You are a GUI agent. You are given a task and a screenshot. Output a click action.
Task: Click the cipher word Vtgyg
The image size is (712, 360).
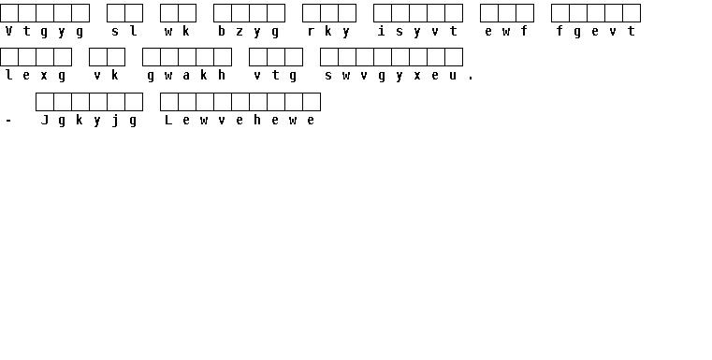click(x=45, y=31)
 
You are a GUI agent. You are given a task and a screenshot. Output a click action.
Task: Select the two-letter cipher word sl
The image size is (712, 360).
click(x=124, y=31)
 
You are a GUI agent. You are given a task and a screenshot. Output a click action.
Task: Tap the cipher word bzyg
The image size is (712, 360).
click(x=248, y=31)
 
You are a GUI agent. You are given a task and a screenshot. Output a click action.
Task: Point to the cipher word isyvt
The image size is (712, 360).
click(x=417, y=31)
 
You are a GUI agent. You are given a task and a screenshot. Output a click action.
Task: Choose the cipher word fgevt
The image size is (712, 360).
click(x=595, y=31)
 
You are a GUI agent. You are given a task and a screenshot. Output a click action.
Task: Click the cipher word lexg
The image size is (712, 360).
click(x=36, y=76)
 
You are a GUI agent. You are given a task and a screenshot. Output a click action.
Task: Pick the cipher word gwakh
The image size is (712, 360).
click(x=186, y=76)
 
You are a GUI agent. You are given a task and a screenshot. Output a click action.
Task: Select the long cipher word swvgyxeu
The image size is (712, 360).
click(x=390, y=76)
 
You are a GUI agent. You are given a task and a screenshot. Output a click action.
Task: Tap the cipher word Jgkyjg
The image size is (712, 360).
click(x=89, y=121)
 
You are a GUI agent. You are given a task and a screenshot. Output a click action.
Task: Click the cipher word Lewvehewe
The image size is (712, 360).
click(x=240, y=121)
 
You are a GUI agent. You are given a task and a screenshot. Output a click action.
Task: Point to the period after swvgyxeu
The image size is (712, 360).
click(x=471, y=79)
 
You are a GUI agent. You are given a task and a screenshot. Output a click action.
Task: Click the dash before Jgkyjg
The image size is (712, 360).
click(x=8, y=121)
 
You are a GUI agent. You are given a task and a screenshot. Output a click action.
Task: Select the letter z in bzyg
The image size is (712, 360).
click(x=240, y=32)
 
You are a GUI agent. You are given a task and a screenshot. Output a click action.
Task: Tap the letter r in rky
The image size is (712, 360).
click(x=311, y=32)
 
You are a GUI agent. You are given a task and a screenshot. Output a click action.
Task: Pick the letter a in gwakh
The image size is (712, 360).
click(x=186, y=76)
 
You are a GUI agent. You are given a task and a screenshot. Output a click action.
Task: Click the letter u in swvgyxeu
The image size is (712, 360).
click(x=453, y=76)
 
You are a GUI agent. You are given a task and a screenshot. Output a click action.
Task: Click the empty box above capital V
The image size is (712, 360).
click(x=9, y=13)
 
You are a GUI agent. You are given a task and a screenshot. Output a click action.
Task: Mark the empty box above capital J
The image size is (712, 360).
click(x=45, y=102)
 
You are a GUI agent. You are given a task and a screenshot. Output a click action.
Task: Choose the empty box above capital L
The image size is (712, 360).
click(x=169, y=102)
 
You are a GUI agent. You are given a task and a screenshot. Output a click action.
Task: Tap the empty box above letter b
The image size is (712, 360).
click(x=223, y=13)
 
